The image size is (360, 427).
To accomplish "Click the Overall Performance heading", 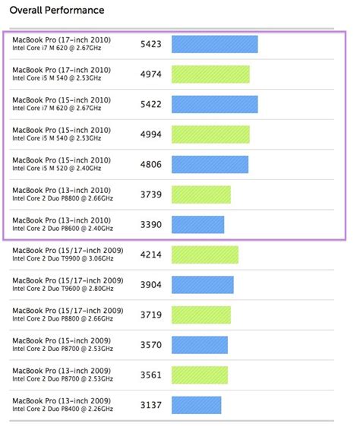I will [57, 11].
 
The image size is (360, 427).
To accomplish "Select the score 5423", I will [151, 45].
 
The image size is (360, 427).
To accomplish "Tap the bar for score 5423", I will [214, 44].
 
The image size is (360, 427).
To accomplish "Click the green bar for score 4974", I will [210, 74].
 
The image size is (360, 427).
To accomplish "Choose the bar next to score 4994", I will [210, 134].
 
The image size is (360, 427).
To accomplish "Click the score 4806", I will [151, 165].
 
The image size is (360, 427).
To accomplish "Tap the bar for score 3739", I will [201, 195].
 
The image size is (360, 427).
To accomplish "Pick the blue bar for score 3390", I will [197, 224].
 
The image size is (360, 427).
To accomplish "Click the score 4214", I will [151, 255].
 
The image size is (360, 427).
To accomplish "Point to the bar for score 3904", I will [202, 284].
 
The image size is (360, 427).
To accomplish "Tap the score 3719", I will [151, 315].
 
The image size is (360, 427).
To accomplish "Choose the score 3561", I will [151, 375].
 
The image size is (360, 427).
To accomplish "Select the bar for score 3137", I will [196, 404].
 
